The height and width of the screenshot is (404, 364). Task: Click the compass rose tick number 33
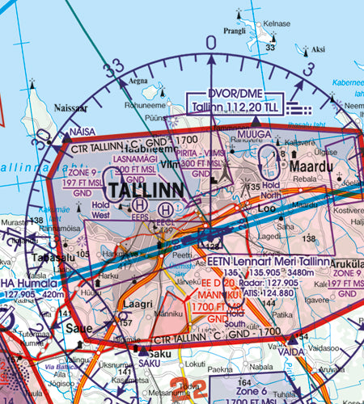119,65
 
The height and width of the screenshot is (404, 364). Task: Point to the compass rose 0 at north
212,42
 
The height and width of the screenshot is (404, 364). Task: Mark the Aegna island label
140,82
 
